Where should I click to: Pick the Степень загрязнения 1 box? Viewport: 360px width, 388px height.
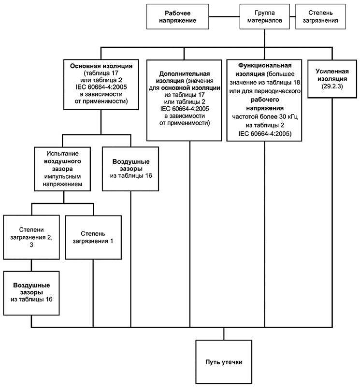[93, 237]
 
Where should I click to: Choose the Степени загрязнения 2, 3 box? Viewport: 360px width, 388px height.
[32, 237]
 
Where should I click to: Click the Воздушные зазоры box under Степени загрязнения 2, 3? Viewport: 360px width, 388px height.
[32, 292]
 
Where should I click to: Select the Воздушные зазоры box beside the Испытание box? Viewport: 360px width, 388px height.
[131, 169]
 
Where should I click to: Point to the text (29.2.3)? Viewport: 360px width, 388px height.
[331, 85]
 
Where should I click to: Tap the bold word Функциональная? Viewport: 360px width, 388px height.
[264, 65]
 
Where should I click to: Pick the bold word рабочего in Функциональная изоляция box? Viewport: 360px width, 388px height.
[264, 100]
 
